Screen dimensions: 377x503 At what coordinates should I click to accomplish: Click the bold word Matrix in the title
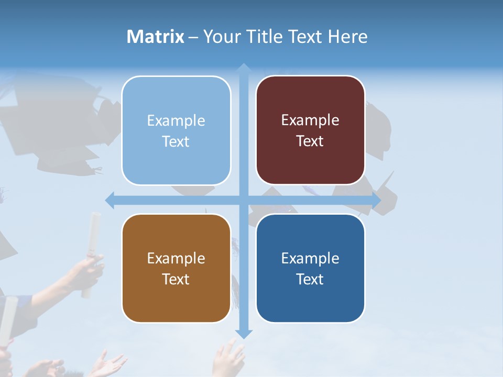coord(156,37)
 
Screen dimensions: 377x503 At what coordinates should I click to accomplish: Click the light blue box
coord(176,131)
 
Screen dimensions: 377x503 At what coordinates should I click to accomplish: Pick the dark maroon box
coord(310,130)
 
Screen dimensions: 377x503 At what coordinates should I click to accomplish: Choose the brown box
coord(176,268)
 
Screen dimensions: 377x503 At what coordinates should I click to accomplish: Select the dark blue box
coord(310,268)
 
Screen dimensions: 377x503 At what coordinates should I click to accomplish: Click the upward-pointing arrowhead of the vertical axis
coord(243,68)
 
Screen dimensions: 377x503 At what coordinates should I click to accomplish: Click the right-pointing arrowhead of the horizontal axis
coord(376,201)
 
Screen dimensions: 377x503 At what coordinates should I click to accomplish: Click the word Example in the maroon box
coord(310,120)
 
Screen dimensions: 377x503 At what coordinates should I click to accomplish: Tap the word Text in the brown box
coord(176,280)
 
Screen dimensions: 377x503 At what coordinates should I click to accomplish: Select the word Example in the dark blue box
coord(310,258)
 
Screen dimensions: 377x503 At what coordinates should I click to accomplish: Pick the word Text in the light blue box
coord(176,142)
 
